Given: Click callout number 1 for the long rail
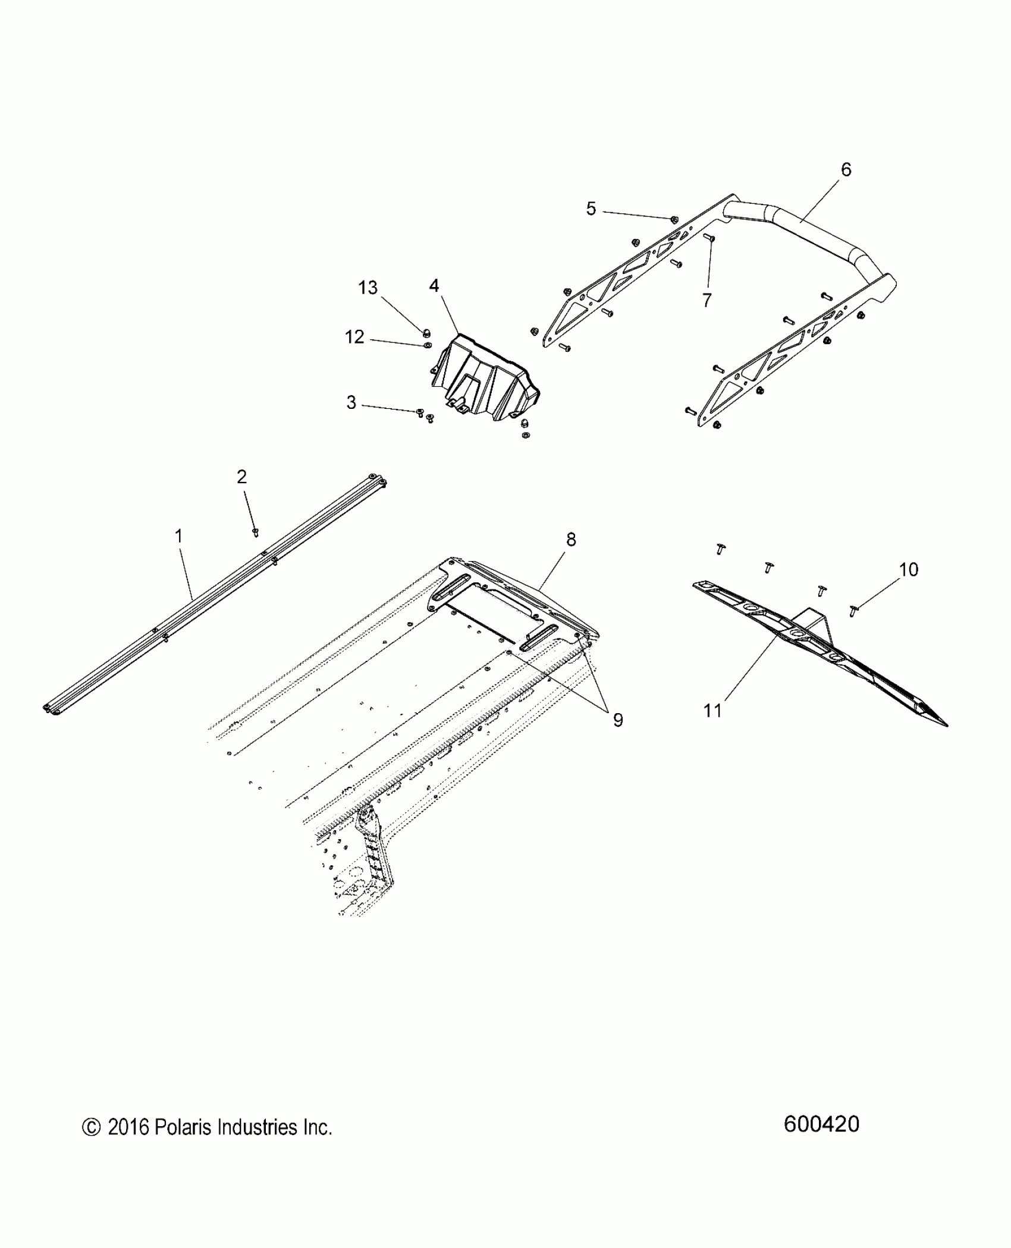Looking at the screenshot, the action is [x=178, y=537].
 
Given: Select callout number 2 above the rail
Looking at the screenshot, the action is [x=241, y=477].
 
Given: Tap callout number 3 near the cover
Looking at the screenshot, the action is [x=351, y=403].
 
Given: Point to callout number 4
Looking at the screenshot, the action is [x=434, y=286].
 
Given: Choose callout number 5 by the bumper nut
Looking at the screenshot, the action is [x=591, y=209].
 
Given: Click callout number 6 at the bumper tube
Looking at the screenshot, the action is [x=846, y=170].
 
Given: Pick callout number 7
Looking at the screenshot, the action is [x=707, y=301].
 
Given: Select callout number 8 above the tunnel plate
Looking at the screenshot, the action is [x=571, y=540].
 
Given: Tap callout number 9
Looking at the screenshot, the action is [x=618, y=720].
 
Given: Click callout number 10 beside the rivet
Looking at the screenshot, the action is [x=909, y=570].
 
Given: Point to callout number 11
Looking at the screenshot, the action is [x=712, y=710].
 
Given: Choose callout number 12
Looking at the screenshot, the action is [x=354, y=337].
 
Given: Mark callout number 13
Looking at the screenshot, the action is [x=368, y=288].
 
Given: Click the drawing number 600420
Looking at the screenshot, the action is [x=821, y=1124].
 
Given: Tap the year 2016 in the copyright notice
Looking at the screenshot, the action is [x=128, y=1127].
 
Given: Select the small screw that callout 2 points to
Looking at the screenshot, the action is [x=256, y=531].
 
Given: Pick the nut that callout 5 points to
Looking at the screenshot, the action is [x=674, y=219].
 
